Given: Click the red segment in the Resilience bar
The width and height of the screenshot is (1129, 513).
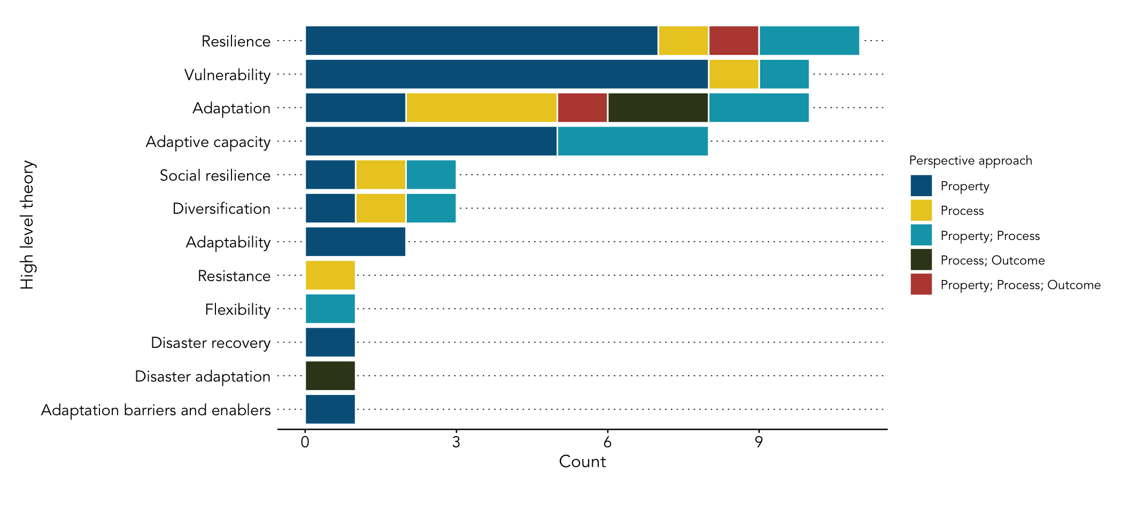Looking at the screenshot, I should pyautogui.click(x=733, y=41).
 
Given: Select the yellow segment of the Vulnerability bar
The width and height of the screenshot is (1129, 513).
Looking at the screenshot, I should pyautogui.click(x=733, y=74).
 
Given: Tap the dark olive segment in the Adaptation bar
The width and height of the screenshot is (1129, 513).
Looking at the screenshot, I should pyautogui.click(x=658, y=108).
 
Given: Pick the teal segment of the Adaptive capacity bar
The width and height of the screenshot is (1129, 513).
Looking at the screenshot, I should pyautogui.click(x=632, y=141).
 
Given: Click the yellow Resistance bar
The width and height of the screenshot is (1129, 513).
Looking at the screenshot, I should pyautogui.click(x=330, y=275).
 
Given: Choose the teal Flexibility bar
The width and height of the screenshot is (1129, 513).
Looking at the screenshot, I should pyautogui.click(x=330, y=309).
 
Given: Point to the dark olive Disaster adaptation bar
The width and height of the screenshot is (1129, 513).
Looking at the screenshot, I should pyautogui.click(x=330, y=376).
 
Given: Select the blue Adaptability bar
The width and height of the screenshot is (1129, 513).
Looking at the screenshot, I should pyautogui.click(x=355, y=242).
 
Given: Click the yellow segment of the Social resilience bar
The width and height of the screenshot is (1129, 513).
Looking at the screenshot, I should pyautogui.click(x=381, y=175).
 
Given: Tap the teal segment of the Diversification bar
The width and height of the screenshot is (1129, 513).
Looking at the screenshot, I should pyautogui.click(x=431, y=208).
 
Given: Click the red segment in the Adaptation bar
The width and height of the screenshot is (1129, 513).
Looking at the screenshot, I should pyautogui.click(x=582, y=108).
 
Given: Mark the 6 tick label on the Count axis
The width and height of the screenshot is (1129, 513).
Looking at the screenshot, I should pyautogui.click(x=607, y=442).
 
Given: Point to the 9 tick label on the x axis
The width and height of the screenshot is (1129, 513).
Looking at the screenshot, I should pyautogui.click(x=759, y=442).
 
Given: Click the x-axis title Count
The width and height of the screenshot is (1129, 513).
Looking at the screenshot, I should pyautogui.click(x=582, y=462).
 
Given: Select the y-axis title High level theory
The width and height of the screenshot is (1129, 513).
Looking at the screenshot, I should pyautogui.click(x=27, y=224).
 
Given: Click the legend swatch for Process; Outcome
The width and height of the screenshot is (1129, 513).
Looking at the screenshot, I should pyautogui.click(x=921, y=260).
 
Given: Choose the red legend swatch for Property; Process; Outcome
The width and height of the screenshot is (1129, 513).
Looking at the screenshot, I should pyautogui.click(x=921, y=284).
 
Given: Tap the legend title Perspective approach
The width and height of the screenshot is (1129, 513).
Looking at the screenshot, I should pyautogui.click(x=970, y=160).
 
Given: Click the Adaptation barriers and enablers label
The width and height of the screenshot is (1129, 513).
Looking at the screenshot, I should pyautogui.click(x=156, y=410).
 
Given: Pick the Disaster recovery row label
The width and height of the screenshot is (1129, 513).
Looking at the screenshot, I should pyautogui.click(x=211, y=343).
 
